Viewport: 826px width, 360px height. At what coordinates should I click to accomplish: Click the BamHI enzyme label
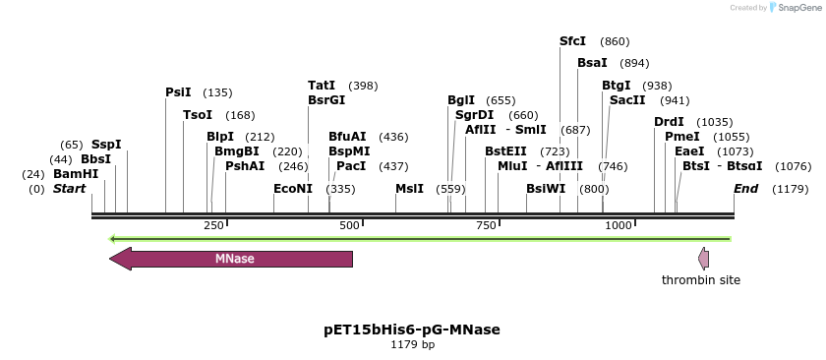click(x=76, y=174)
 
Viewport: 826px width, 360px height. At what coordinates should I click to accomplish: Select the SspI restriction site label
click(x=106, y=145)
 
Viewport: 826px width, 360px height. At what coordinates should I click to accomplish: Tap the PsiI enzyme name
click(x=178, y=92)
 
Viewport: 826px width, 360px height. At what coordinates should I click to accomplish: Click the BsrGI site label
click(x=326, y=100)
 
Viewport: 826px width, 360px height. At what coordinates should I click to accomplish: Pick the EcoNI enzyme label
click(x=293, y=189)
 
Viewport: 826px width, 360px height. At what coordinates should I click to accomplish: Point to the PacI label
click(x=351, y=166)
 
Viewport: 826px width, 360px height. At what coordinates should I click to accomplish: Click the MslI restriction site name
click(x=409, y=189)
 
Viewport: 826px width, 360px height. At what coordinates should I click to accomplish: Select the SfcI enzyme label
click(x=572, y=41)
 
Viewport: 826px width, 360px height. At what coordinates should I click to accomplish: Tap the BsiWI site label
click(x=546, y=189)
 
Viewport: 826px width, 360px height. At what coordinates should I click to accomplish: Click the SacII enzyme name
click(x=627, y=100)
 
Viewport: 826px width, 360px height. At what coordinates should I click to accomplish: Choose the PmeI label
click(x=682, y=137)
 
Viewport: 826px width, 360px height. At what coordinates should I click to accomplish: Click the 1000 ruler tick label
click(x=618, y=226)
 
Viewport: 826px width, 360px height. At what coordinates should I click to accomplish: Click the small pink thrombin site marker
click(x=703, y=259)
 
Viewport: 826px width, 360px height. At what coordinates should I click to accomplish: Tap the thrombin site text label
click(x=701, y=280)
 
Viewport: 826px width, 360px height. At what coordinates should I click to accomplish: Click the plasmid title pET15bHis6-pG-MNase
click(x=412, y=330)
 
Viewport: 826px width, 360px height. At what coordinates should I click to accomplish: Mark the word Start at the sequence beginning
click(x=69, y=189)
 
